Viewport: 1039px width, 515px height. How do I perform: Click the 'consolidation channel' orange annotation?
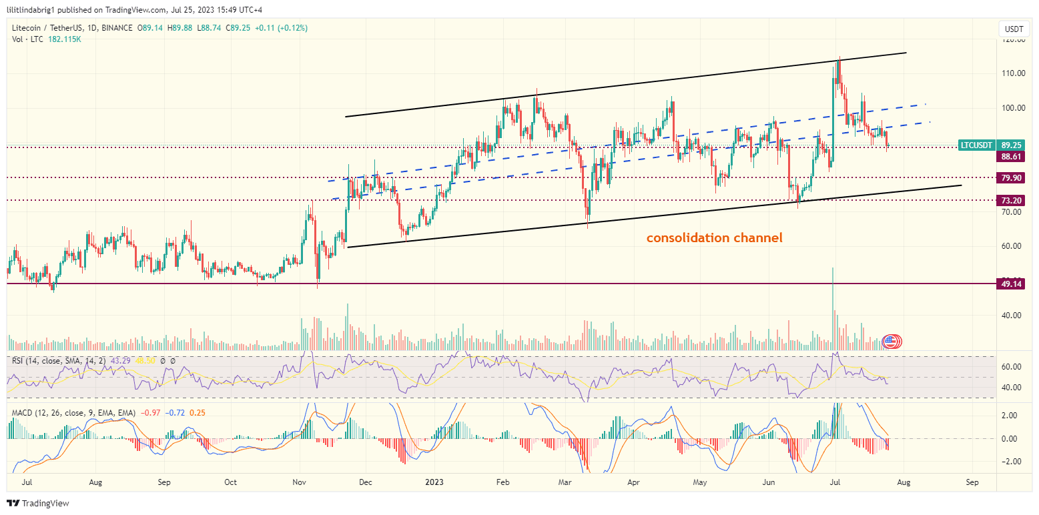(714, 237)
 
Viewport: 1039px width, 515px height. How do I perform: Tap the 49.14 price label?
(1011, 284)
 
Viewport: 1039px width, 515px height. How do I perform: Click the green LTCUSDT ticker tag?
(976, 145)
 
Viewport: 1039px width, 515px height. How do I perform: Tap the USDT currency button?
(1013, 29)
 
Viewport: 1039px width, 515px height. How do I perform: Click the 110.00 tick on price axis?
(1012, 73)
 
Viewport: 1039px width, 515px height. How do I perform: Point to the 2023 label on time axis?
(434, 481)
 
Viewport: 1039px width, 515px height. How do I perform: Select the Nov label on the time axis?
(300, 481)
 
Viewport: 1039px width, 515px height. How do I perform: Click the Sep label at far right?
(972, 481)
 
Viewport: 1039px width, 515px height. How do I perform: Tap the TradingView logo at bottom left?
(39, 503)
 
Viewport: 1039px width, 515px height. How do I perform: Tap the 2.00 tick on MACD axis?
(1010, 415)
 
